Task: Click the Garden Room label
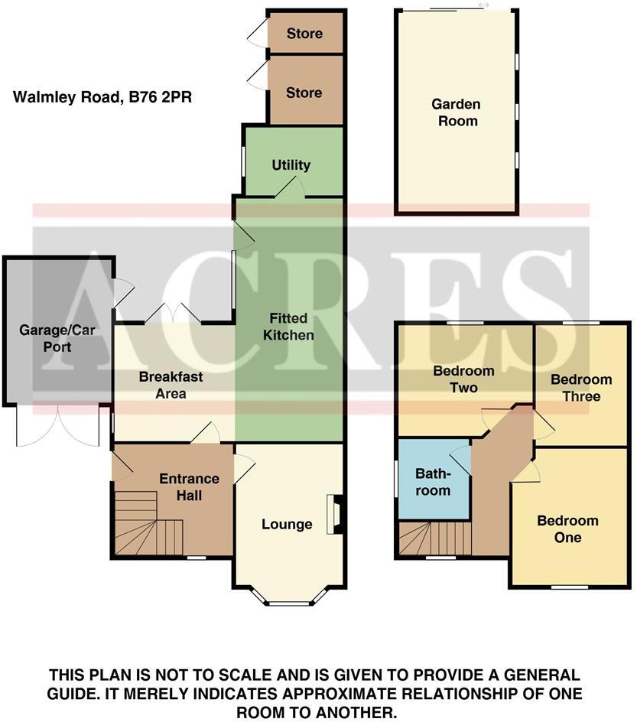point(455,112)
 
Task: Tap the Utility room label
point(291,165)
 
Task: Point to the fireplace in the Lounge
point(333,514)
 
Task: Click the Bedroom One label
point(568,529)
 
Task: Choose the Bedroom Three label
point(581,388)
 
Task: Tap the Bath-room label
point(433,482)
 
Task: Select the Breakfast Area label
point(171,385)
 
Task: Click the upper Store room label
point(304,34)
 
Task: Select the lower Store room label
point(304,93)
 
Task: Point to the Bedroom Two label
point(463,379)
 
